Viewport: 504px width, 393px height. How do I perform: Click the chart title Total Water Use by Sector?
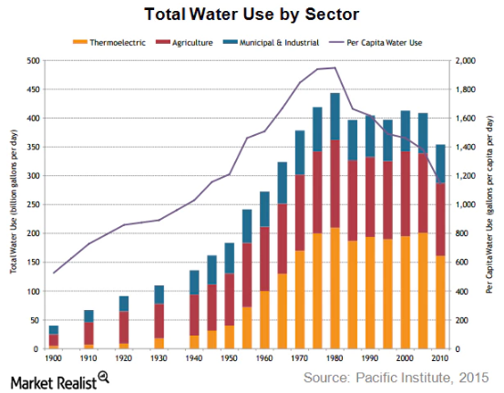click(x=251, y=15)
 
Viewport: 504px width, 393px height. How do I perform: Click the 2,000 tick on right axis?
click(x=466, y=61)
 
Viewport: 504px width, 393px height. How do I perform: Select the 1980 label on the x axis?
click(x=334, y=359)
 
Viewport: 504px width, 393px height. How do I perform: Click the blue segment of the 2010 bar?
click(x=440, y=164)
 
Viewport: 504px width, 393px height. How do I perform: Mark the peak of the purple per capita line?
click(x=334, y=67)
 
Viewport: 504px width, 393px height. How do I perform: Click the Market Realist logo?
click(x=57, y=377)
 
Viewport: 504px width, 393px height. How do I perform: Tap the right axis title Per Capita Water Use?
click(x=494, y=205)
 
